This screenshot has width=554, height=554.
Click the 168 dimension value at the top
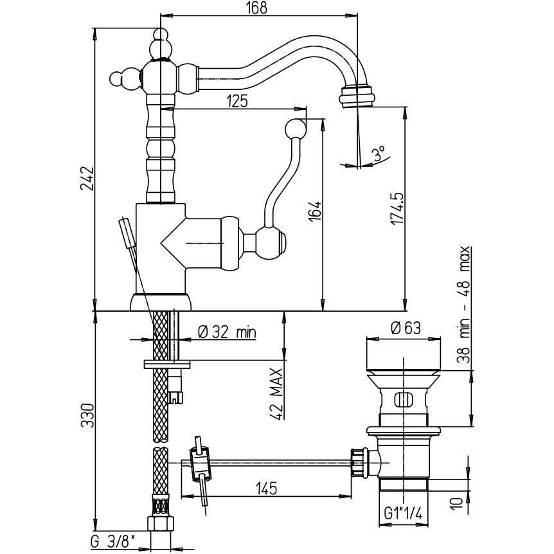point(258,8)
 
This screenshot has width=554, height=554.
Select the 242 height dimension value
point(87,179)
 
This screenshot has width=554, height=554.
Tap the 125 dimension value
point(237,101)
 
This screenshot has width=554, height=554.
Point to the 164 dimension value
point(315,211)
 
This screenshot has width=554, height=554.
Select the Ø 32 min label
point(227,332)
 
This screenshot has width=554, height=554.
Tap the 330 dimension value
point(87,415)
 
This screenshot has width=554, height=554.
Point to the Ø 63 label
point(406,328)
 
